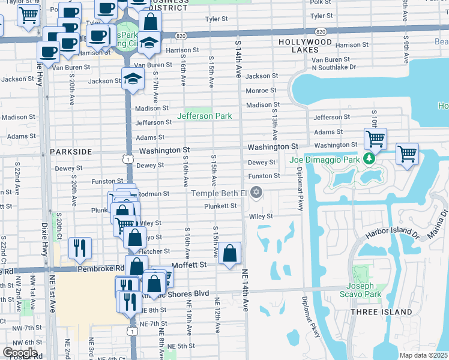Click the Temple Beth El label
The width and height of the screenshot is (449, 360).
(x=218, y=193)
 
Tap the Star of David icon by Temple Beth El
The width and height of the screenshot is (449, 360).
(x=257, y=193)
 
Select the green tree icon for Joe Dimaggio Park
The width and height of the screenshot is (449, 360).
(x=370, y=160)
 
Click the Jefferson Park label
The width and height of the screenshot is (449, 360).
(x=204, y=116)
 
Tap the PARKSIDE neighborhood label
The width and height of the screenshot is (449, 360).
(x=71, y=152)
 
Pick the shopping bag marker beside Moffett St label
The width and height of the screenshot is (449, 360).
(x=230, y=254)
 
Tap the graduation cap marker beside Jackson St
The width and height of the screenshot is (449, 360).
(x=133, y=78)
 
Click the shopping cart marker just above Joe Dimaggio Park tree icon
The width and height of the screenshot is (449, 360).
(x=375, y=139)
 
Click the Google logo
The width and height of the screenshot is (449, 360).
(x=20, y=353)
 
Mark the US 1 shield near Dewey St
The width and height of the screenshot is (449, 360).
(x=127, y=158)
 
